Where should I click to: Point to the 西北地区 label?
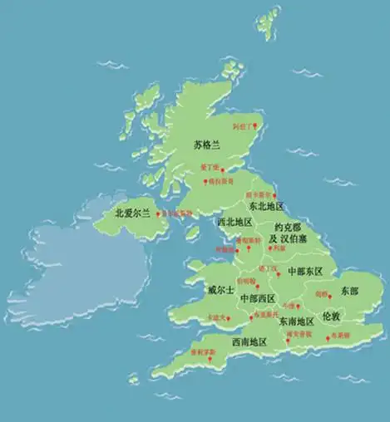point(234,223)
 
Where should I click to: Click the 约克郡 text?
point(287,227)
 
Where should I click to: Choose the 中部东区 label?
point(305,271)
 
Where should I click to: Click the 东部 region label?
point(349,292)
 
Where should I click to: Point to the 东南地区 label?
point(296,321)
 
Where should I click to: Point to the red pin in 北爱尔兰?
point(160,214)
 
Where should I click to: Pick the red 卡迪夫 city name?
point(218,316)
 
